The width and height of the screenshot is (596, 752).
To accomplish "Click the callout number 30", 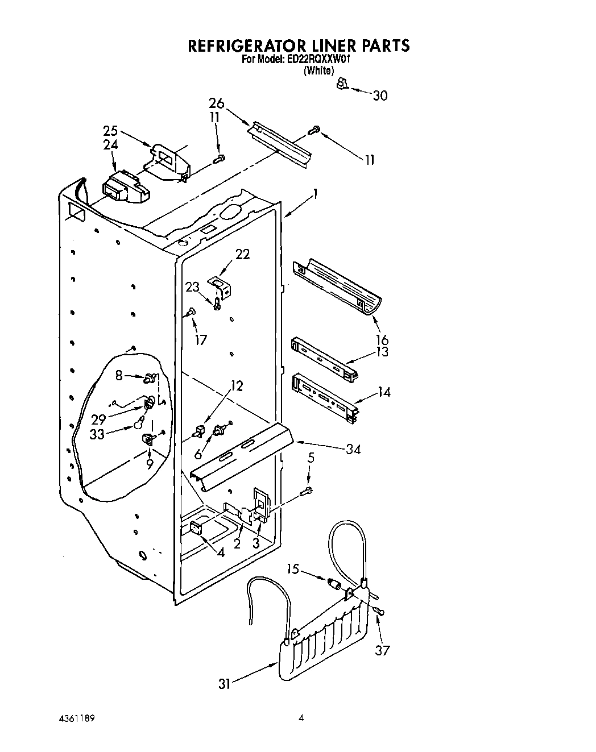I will pos(380,95).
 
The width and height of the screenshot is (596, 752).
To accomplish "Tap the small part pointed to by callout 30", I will pos(341,84).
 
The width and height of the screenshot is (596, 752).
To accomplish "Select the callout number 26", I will pos(216,103).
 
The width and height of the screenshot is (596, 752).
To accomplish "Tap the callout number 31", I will pos(225,684).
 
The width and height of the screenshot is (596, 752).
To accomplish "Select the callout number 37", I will pos(382,650).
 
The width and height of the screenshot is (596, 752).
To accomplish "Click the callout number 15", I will pos(293,569).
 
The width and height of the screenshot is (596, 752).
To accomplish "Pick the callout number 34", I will pos(353,449).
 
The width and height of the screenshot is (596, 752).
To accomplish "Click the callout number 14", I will pos(384,392).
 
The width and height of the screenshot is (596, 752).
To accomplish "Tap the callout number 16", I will pos(382,340).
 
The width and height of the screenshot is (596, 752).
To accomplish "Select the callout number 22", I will pos(242,254).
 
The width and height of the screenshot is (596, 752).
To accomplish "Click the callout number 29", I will pos(98,419).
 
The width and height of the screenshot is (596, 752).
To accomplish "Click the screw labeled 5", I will pos(308,489).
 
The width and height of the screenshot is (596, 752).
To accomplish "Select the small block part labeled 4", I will pos(196,529).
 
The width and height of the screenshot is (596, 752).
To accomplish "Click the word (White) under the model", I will pos(318,70).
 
